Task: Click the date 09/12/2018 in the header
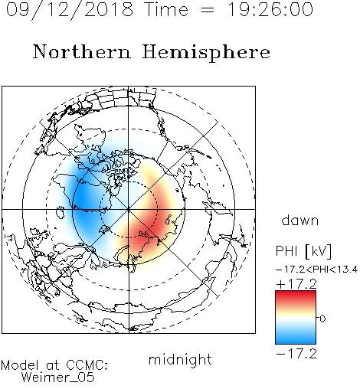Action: tap(70, 10)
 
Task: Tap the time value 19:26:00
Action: tap(270, 10)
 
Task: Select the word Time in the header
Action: tap(166, 10)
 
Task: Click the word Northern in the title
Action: tap(82, 52)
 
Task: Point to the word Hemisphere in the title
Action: tap(206, 53)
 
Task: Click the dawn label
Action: tap(300, 220)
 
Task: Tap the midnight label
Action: tap(180, 360)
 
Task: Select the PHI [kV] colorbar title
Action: tap(303, 251)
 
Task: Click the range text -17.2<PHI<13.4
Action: tap(317, 270)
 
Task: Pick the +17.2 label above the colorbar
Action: tap(296, 284)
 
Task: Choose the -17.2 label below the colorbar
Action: tap(296, 354)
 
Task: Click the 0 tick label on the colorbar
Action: tap(322, 319)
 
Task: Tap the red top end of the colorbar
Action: tap(296, 293)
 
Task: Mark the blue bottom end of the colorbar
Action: tap(296, 341)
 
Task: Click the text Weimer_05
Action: tap(58, 378)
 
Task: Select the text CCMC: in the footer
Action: tap(87, 365)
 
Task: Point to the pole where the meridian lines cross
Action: tap(129, 210)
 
